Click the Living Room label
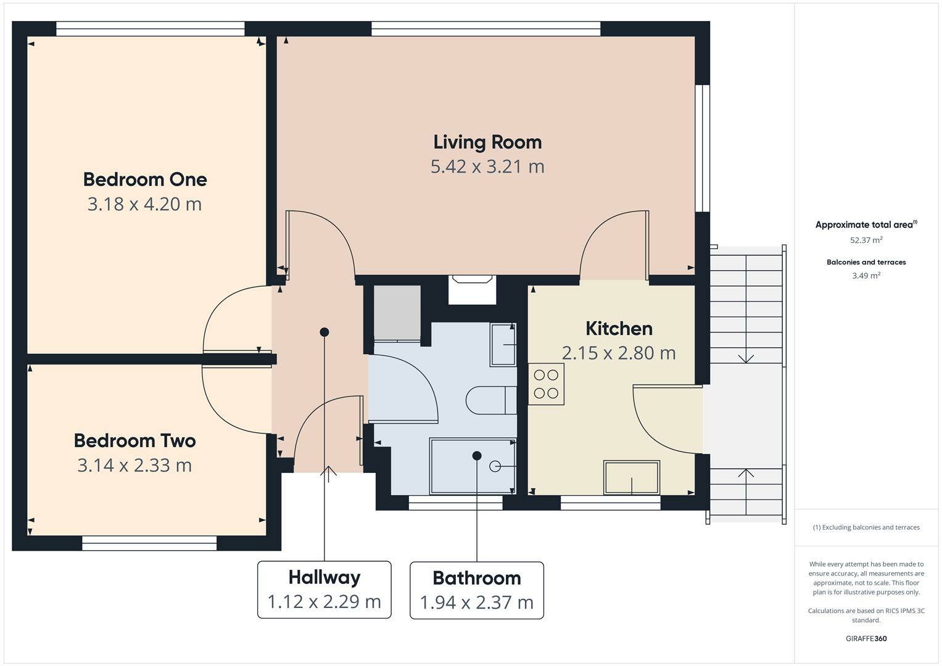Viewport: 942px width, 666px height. pyautogui.click(x=487, y=142)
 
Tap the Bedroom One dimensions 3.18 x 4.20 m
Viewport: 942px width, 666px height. pyautogui.click(x=145, y=204)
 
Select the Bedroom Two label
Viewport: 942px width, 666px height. pyautogui.click(x=135, y=441)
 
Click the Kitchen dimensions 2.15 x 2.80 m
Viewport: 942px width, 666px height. pyautogui.click(x=619, y=353)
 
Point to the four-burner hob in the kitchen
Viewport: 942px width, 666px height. pyautogui.click(x=546, y=384)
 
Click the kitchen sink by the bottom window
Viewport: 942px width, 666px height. pyautogui.click(x=631, y=477)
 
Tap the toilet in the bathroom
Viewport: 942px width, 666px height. pyautogui.click(x=491, y=400)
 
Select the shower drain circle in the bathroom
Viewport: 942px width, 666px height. pyautogui.click(x=495, y=466)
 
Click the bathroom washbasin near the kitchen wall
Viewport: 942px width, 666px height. pyautogui.click(x=503, y=345)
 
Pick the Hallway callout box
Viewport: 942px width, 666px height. pyautogui.click(x=324, y=590)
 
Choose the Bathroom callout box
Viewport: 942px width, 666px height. pyautogui.click(x=477, y=590)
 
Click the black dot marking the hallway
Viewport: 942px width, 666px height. pyautogui.click(x=324, y=332)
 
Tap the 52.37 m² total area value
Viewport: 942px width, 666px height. pyautogui.click(x=866, y=240)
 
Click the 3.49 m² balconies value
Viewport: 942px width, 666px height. pyautogui.click(x=866, y=276)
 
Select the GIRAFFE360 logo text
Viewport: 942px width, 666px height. pyautogui.click(x=866, y=638)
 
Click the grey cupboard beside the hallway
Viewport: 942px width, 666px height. pyautogui.click(x=397, y=313)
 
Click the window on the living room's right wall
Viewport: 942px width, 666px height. pyautogui.click(x=702, y=148)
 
